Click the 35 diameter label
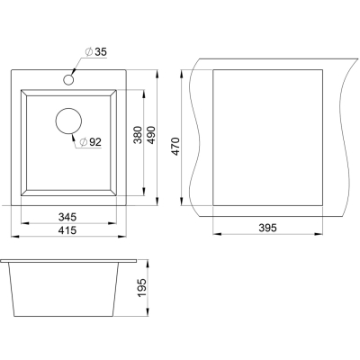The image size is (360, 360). click(96, 52)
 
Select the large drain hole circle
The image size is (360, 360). click(68, 121)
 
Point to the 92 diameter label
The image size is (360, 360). click(91, 142)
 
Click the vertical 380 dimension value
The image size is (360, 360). click(138, 135)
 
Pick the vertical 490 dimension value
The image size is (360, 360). click(151, 135)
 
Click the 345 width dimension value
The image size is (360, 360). click(67, 216)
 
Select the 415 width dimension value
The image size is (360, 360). click(67, 230)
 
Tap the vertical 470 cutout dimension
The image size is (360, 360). click(175, 146)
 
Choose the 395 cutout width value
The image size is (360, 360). click(267, 228)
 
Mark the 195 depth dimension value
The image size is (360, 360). click(142, 288)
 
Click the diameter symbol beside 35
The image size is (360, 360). click(89, 52)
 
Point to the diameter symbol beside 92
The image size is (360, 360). click(84, 142)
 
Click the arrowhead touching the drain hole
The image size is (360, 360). click(73, 138)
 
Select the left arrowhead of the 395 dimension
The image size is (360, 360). click(217, 234)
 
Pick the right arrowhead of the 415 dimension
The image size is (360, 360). click(122, 237)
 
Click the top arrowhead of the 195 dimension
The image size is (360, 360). click(148, 264)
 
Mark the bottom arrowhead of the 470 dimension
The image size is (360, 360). click(181, 202)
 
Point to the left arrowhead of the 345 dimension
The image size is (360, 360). click(25, 223)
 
